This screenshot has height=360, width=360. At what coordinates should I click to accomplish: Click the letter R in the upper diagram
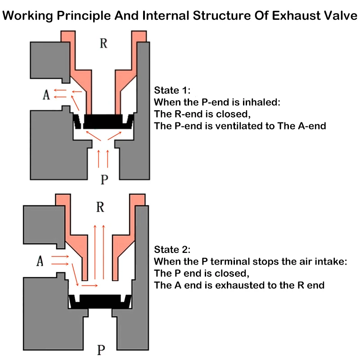[x=103, y=43]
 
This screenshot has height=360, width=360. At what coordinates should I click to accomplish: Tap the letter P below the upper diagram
[x=104, y=179]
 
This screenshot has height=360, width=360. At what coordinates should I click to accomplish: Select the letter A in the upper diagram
[x=46, y=94]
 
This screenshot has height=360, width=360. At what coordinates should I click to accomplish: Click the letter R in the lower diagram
[x=100, y=207]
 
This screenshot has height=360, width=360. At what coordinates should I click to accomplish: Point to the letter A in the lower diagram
[x=40, y=261]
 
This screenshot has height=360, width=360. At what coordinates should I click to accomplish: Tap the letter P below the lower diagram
[x=101, y=350]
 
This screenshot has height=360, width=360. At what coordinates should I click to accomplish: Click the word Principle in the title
[x=84, y=16]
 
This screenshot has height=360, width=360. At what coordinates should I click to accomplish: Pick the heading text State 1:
[x=172, y=90]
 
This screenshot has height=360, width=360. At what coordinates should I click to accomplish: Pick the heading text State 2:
[x=172, y=250]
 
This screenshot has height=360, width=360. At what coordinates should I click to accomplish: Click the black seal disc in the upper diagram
[x=103, y=121]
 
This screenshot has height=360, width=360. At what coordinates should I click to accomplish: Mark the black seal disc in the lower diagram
[x=100, y=301]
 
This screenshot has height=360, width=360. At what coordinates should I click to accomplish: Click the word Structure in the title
[x=222, y=16]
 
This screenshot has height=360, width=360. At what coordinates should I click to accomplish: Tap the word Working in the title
[x=28, y=16]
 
